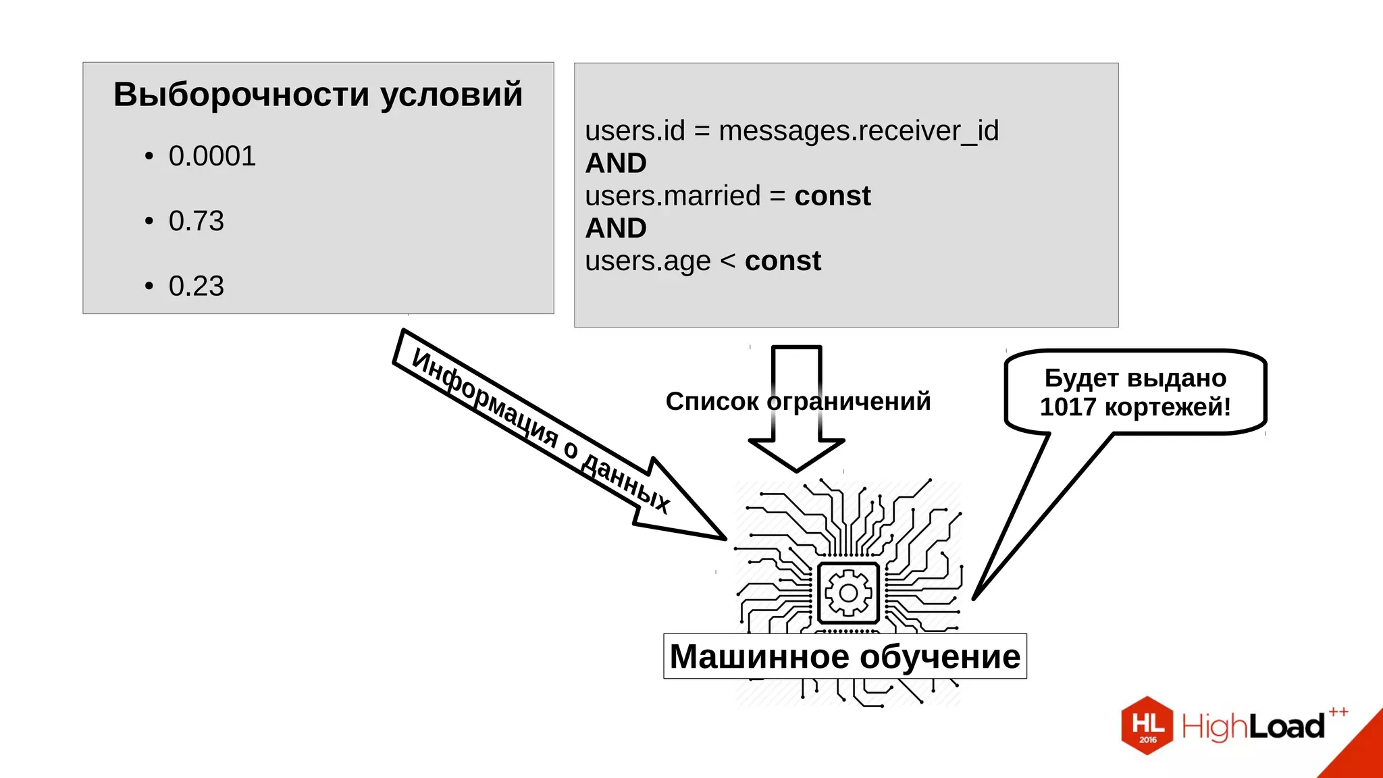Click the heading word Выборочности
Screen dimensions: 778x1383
tap(241, 95)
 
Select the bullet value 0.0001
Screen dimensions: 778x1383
tap(212, 157)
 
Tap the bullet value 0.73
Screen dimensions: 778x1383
tap(196, 222)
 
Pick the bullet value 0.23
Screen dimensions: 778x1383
tap(196, 286)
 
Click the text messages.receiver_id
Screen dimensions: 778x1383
tap(858, 131)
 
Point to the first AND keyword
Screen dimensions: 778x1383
tap(616, 163)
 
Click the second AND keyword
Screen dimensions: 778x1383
tap(616, 228)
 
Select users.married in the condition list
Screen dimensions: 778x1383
tap(673, 197)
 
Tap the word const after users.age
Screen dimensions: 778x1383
tap(783, 261)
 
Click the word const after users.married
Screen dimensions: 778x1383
tap(832, 197)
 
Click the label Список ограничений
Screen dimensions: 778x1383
tap(798, 402)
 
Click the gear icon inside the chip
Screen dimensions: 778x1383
tap(848, 593)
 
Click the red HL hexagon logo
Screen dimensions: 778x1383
tap(1147, 725)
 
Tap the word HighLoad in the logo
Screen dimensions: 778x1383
tap(1253, 727)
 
